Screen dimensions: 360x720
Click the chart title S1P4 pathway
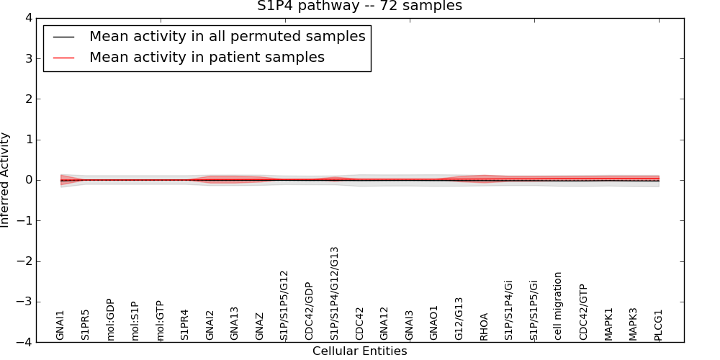tap(359, 6)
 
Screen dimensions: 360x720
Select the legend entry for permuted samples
tap(227, 36)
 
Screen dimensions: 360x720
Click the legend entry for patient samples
tap(207, 58)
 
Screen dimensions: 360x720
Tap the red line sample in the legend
tap(64, 58)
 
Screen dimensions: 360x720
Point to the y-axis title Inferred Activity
tap(6, 180)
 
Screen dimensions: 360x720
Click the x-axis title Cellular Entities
tap(359, 351)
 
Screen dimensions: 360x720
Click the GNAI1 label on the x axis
tap(60, 325)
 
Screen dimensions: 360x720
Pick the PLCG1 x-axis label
tap(658, 325)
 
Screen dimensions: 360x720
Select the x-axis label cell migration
tap(559, 306)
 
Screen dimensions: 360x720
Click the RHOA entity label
tap(484, 326)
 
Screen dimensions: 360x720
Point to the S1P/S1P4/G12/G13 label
tap(334, 293)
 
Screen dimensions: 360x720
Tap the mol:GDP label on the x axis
tap(110, 319)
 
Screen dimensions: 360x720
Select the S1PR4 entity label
tap(185, 325)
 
